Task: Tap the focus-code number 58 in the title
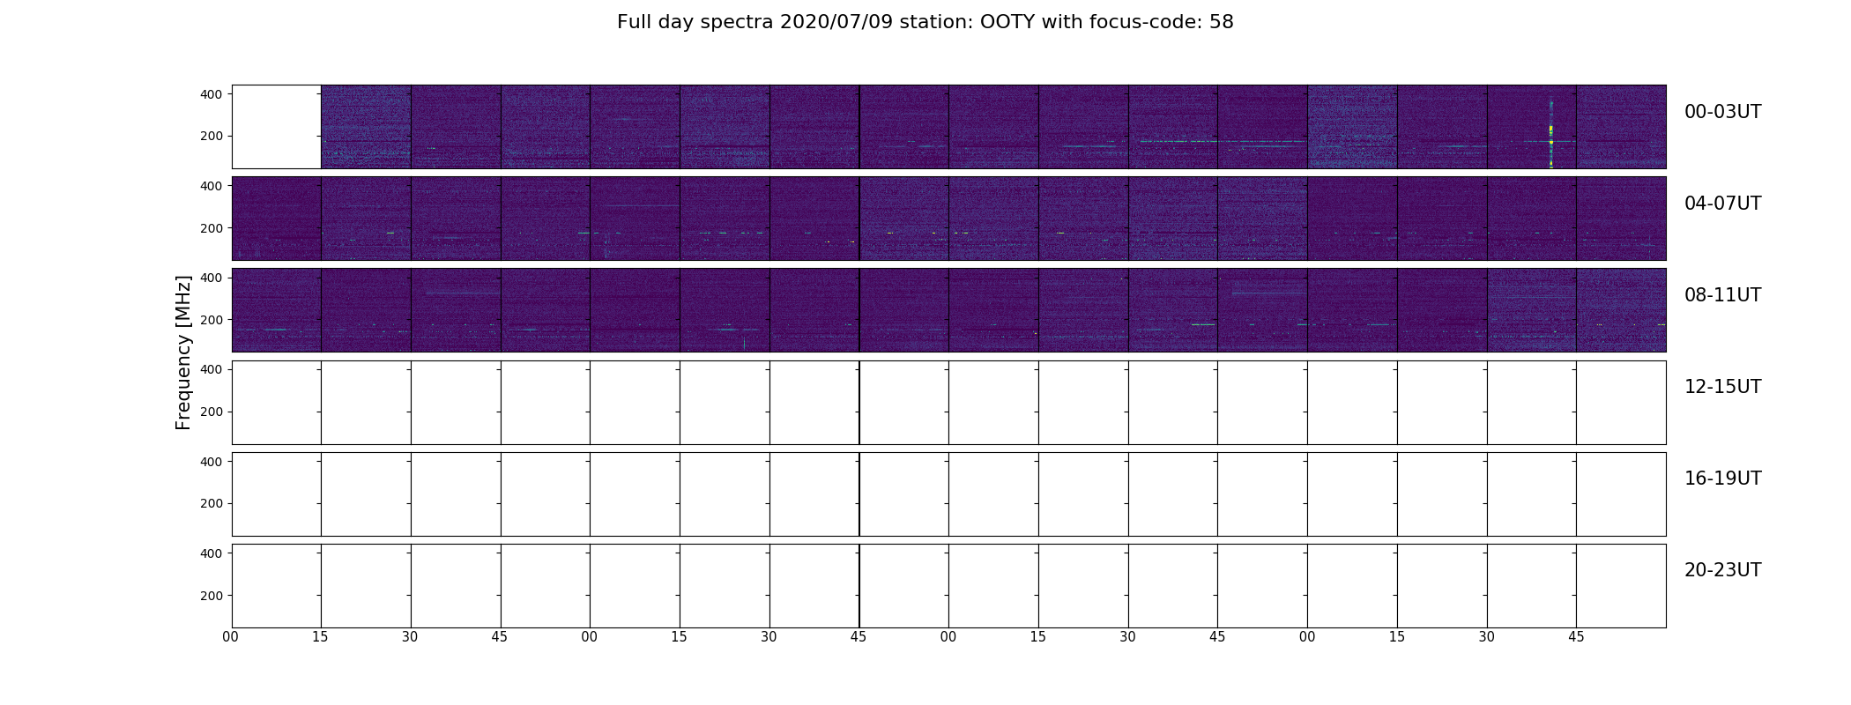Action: tap(1221, 22)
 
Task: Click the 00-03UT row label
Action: tap(1722, 112)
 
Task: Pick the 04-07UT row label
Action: tap(1722, 204)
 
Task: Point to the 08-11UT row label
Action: tap(1722, 295)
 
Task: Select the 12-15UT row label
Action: tap(1722, 387)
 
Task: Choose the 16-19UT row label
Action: tap(1722, 479)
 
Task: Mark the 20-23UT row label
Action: tap(1722, 570)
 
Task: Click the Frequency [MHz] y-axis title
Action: tap(183, 352)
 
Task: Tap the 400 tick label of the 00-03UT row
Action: tap(212, 94)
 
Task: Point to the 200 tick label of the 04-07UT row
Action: tap(212, 228)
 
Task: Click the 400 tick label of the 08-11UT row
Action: tap(212, 278)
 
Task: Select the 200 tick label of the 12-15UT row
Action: tap(212, 412)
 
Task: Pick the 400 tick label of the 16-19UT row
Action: tap(212, 461)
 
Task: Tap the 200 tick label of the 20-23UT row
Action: tap(212, 596)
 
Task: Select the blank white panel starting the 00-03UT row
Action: tap(276, 127)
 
